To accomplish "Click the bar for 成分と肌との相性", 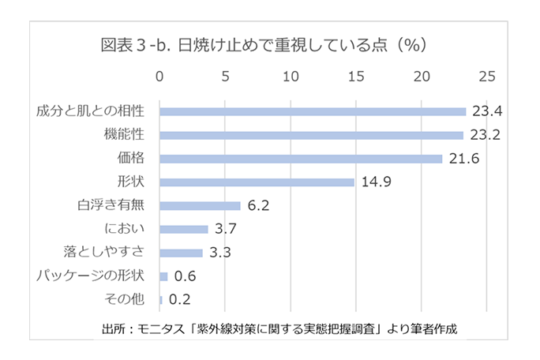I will (313, 111).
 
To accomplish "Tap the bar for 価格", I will (301, 159).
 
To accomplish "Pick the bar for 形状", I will (257, 182).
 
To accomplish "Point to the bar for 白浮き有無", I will (200, 206).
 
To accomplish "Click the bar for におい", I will (184, 229).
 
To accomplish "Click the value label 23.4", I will (486, 111).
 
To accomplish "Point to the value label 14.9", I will (377, 182).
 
